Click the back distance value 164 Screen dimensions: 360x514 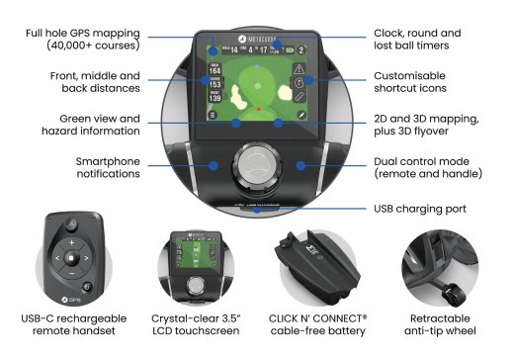click(x=214, y=70)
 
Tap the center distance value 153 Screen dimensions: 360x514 click(x=214, y=86)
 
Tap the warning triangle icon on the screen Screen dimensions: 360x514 click(x=300, y=69)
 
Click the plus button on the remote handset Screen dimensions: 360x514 click(x=69, y=240)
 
